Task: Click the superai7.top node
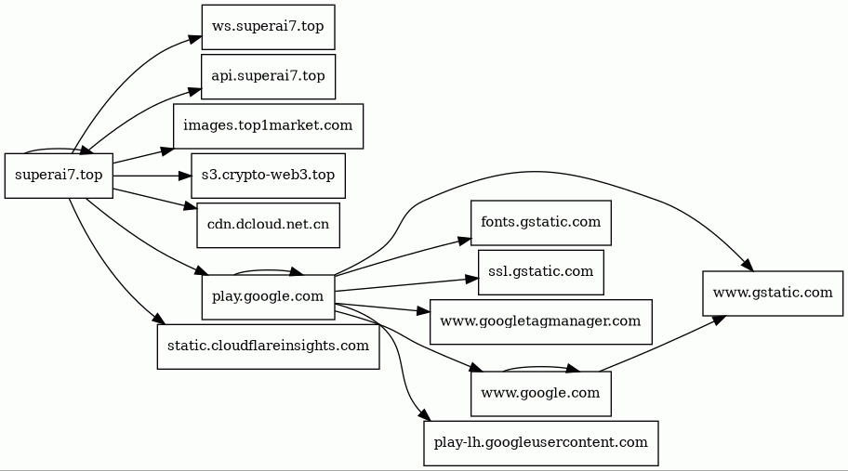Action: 59,175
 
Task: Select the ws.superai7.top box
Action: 268,27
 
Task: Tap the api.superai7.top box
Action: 268,76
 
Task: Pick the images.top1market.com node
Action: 268,125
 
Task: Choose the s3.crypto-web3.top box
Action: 268,175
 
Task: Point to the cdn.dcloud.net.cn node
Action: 268,225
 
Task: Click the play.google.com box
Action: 268,296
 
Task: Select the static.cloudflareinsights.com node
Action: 268,346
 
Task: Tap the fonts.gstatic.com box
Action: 540,222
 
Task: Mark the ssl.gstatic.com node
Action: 540,271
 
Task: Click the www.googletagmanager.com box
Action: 540,321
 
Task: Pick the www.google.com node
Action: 540,393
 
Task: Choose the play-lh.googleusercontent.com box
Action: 540,442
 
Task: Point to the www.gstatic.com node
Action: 772,294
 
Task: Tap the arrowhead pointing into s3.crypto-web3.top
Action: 186,175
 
